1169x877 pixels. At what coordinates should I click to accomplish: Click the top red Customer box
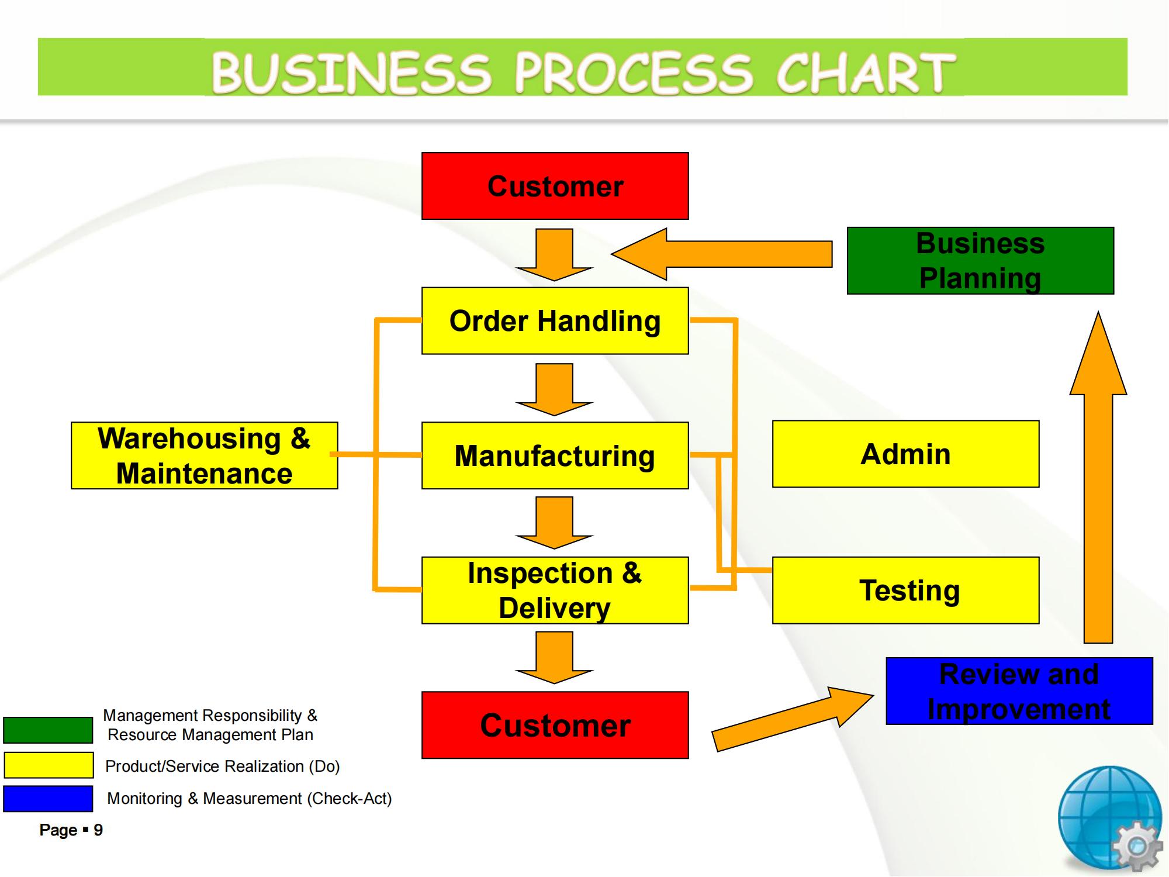(x=555, y=186)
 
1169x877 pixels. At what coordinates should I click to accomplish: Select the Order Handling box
(x=555, y=320)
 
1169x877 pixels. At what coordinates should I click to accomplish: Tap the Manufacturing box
(x=555, y=455)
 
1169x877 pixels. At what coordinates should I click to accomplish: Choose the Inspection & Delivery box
(x=555, y=590)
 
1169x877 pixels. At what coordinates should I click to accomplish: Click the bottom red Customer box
(x=555, y=725)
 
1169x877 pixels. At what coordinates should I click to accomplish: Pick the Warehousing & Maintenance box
(x=204, y=455)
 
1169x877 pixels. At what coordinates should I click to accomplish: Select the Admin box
(x=905, y=454)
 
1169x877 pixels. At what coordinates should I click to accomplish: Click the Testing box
(x=905, y=590)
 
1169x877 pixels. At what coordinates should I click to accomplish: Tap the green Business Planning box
(x=980, y=260)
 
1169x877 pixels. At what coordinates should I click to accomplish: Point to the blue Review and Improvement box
(x=1019, y=691)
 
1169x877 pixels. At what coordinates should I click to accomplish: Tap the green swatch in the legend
(x=48, y=730)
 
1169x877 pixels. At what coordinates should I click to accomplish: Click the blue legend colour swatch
(x=48, y=799)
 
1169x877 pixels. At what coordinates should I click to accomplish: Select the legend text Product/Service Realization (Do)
(x=222, y=766)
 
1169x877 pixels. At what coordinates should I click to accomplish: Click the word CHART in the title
(x=865, y=72)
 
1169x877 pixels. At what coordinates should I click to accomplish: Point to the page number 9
(x=98, y=830)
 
